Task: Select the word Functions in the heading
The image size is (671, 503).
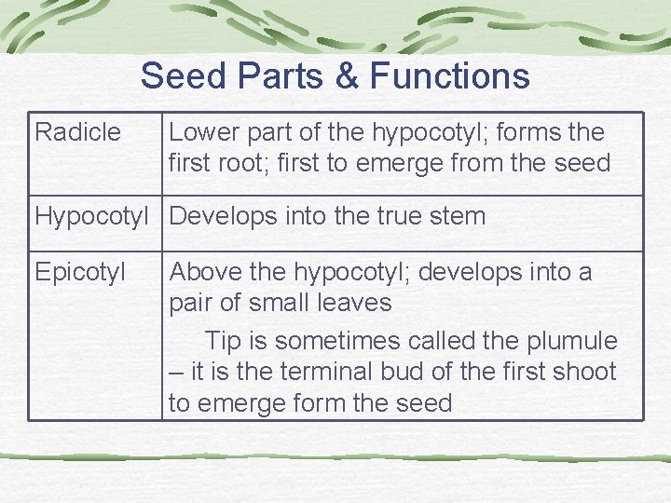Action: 449,75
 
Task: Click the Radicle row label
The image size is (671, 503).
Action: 77,132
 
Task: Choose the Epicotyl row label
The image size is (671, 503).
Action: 80,272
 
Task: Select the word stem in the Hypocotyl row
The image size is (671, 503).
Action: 461,216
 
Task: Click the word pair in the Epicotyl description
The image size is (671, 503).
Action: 191,304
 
